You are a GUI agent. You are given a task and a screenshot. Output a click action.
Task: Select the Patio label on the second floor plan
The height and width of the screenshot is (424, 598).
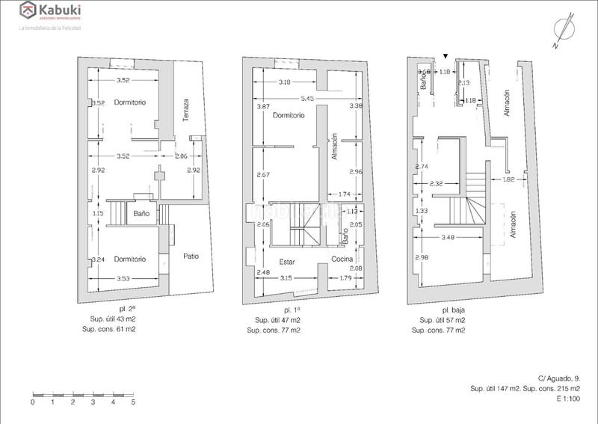[191, 256]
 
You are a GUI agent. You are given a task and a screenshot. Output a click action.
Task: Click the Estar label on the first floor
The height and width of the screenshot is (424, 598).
[287, 261]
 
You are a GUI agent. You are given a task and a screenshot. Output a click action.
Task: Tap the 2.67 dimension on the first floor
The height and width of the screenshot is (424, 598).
[262, 175]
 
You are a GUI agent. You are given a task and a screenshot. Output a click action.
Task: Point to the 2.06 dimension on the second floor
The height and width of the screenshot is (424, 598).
[181, 156]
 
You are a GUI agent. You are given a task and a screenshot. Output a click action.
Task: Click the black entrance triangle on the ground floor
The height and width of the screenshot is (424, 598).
[446, 55]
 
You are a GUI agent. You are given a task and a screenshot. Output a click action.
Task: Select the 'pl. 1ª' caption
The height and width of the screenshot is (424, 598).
[292, 309]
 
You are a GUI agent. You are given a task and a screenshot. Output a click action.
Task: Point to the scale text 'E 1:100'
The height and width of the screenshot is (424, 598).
[569, 399]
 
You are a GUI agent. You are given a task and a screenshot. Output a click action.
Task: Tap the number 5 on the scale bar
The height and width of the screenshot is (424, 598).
[133, 402]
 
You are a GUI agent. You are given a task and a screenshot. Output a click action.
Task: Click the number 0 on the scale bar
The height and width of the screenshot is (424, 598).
[33, 402]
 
